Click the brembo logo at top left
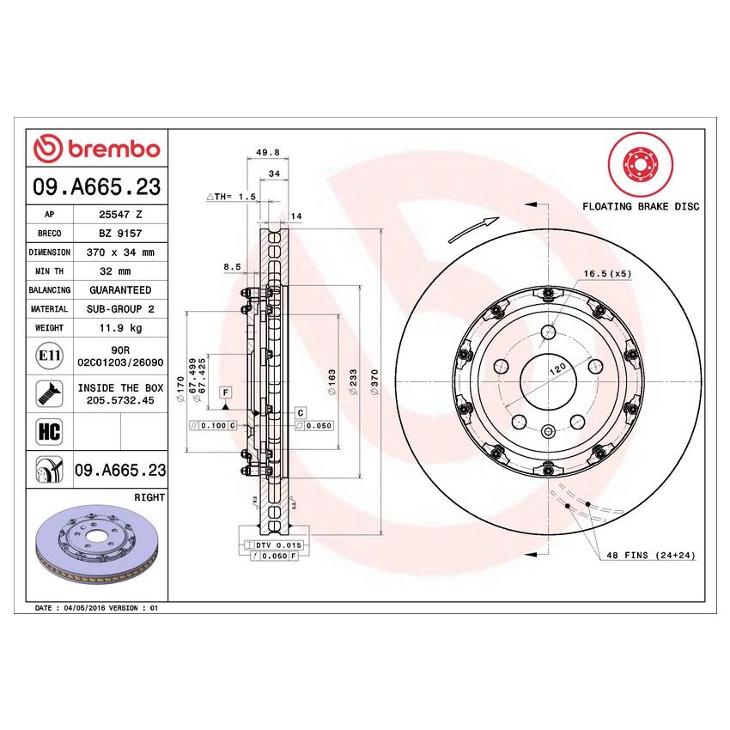pyautogui.click(x=96, y=149)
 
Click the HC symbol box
pyautogui.click(x=49, y=431)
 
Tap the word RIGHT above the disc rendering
pyautogui.click(x=149, y=497)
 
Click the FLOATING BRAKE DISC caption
pyautogui.click(x=641, y=206)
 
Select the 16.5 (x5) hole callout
pyautogui.click(x=607, y=273)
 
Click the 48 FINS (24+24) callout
pyautogui.click(x=650, y=556)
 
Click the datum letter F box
pyautogui.click(x=226, y=392)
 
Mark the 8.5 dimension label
pyautogui.click(x=232, y=267)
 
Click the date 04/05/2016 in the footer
pyautogui.click(x=88, y=607)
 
